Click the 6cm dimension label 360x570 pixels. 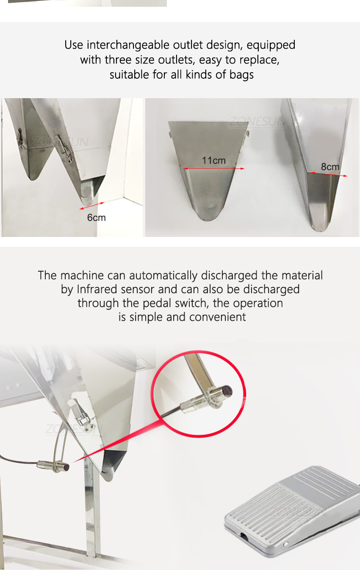coord(96,218)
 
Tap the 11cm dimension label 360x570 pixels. coord(214,160)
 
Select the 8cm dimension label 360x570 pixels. coord(330,167)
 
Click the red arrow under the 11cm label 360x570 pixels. coord(214,168)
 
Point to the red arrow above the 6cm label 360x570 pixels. coord(92,206)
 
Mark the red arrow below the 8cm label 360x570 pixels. coord(329,174)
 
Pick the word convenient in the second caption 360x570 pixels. coord(217,317)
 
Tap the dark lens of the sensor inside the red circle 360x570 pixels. coord(227,391)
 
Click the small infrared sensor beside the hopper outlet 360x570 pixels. coord(54,465)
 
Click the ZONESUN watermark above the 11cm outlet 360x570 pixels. coord(258,121)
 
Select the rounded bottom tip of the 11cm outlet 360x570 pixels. coord(208,216)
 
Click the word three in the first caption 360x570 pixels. coord(119,60)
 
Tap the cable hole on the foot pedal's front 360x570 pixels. coord(244,536)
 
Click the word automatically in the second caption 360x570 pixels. coord(163,275)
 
